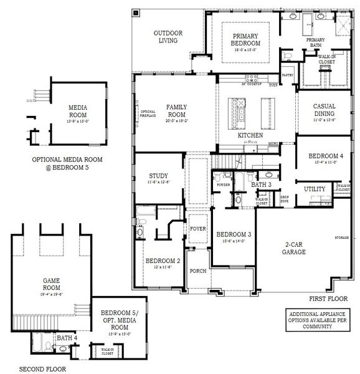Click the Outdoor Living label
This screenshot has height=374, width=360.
tap(166, 37)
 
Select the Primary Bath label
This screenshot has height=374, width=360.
tap(315, 43)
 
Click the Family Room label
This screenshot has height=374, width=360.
tap(176, 111)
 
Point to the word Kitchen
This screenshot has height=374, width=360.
tap(250, 135)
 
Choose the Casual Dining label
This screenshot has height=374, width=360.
tap(324, 110)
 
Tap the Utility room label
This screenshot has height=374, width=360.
tap(314, 188)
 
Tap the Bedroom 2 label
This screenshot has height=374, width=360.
tap(162, 261)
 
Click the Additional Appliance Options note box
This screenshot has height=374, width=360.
tap(315, 319)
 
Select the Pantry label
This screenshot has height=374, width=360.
tap(287, 75)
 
